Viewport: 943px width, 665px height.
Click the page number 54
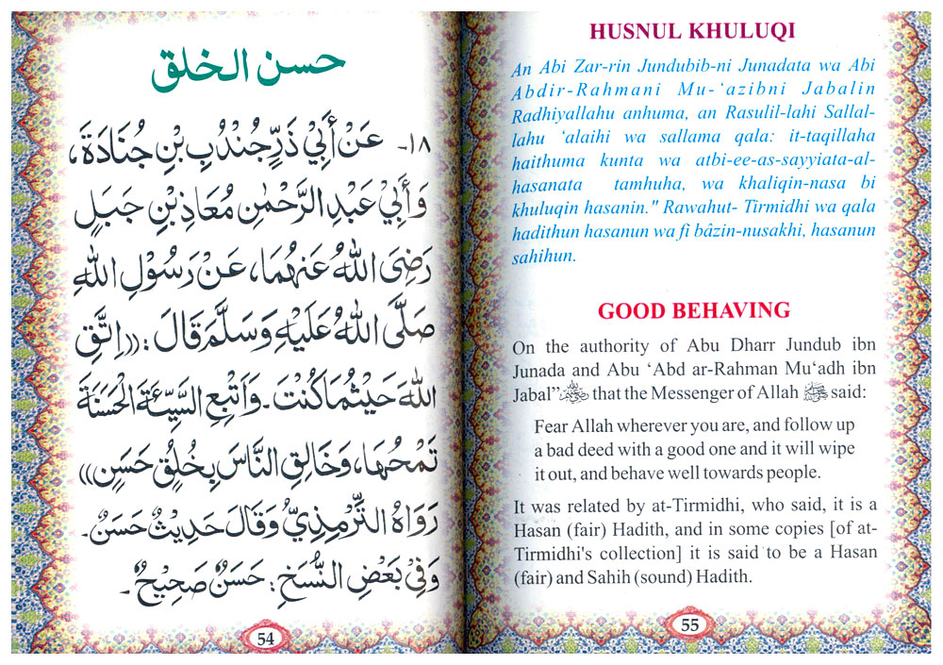(x=265, y=639)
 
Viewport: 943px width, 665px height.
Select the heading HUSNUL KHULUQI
(x=692, y=31)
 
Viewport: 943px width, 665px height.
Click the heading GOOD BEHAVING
(x=694, y=309)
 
